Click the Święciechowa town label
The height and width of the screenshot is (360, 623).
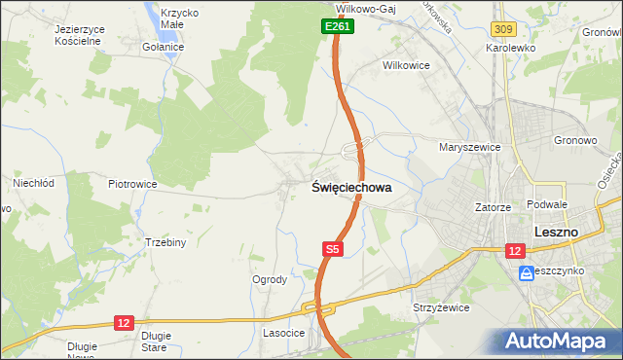tap(351, 189)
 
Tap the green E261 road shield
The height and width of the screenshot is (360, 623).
tap(338, 26)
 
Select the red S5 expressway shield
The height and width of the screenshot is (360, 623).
tap(333, 249)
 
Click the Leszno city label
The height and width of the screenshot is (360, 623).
tap(557, 233)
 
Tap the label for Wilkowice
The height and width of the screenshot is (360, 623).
tap(406, 66)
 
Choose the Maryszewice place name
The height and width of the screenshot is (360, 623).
tap(469, 148)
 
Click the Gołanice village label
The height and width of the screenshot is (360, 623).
tap(164, 47)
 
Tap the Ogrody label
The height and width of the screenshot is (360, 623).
tap(270, 280)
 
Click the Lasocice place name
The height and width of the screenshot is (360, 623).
tap(284, 333)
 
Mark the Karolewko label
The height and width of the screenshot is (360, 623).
tap(513, 47)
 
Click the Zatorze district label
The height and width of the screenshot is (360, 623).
tap(494, 206)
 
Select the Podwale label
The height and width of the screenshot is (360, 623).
tap(546, 204)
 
